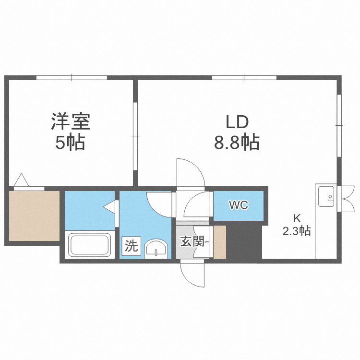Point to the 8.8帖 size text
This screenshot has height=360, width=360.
tap(237, 143)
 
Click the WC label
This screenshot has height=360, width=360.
tap(238, 205)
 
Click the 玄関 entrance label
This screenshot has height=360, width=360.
tap(191, 241)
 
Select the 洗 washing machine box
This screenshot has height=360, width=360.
tap(131, 246)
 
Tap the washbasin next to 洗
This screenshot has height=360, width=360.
tap(156, 249)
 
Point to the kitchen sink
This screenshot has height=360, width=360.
tap(326, 196)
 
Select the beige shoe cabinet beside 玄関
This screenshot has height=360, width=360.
tap(220, 241)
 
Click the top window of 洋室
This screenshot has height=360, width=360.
tap(72, 77)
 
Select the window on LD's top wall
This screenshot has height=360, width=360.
tap(243, 77)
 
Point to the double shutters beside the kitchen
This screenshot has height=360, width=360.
tap(345, 198)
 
